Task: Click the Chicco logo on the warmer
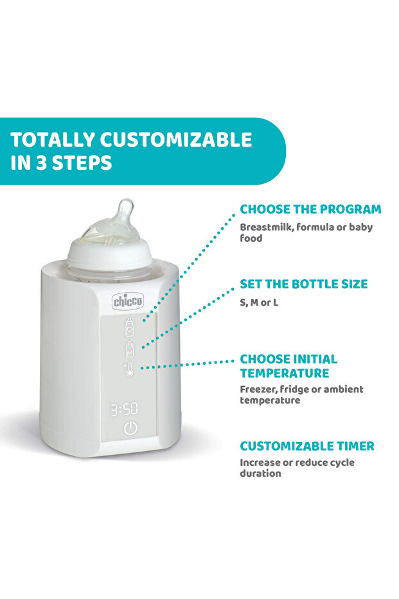pyautogui.click(x=128, y=301)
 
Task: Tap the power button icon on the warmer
pyautogui.click(x=130, y=429)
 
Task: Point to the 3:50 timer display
pyautogui.click(x=125, y=409)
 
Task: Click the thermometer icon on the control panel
pyautogui.click(x=129, y=369)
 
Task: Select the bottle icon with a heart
pyautogui.click(x=130, y=327)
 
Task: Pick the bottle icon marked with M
pyautogui.click(x=130, y=349)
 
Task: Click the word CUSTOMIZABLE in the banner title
pyautogui.click(x=176, y=140)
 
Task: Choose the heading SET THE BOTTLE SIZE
pyautogui.click(x=304, y=284)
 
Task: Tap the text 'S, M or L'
pyautogui.click(x=259, y=302)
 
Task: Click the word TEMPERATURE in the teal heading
pyautogui.click(x=285, y=373)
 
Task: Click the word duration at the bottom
pyautogui.click(x=260, y=474)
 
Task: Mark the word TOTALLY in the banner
pyautogui.click(x=53, y=140)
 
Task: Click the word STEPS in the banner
pyautogui.click(x=82, y=162)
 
